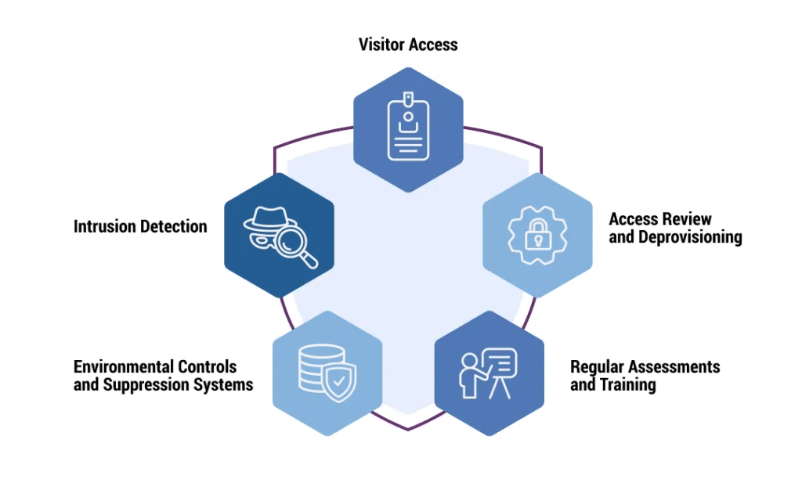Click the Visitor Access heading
click(x=408, y=45)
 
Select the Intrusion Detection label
click(x=140, y=227)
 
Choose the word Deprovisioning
click(x=675, y=237)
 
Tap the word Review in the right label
click(x=685, y=219)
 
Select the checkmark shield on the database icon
click(x=339, y=384)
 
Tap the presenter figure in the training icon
click(x=471, y=374)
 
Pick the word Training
click(x=627, y=385)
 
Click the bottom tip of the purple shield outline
click(x=407, y=429)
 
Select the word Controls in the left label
click(x=207, y=367)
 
